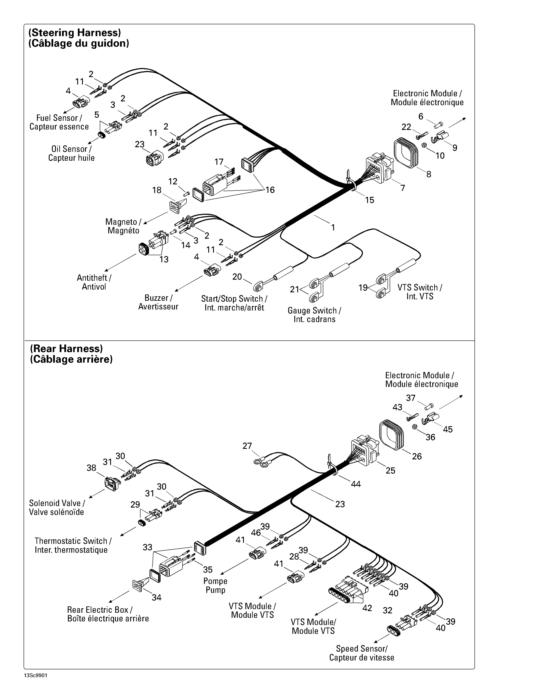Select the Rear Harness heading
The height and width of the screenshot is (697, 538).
(x=66, y=348)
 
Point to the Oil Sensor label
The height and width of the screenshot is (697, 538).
(x=72, y=149)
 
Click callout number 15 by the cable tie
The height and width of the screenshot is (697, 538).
(x=369, y=200)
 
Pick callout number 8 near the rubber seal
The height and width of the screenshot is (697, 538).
(x=429, y=174)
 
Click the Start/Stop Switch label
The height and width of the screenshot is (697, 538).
(x=234, y=299)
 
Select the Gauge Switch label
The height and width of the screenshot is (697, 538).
(x=314, y=311)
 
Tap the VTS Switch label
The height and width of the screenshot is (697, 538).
(x=420, y=288)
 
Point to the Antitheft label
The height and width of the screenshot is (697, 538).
(x=94, y=278)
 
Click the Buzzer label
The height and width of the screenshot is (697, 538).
(x=159, y=298)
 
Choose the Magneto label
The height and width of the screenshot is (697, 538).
(x=123, y=222)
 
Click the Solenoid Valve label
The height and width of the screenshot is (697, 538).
(x=57, y=503)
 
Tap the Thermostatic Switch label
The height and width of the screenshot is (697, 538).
(x=73, y=541)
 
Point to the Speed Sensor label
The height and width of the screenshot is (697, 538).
(x=362, y=649)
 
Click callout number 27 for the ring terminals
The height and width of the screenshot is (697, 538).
(x=247, y=446)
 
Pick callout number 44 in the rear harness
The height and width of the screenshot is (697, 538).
(x=356, y=484)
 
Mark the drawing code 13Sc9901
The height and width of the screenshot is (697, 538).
(x=35, y=676)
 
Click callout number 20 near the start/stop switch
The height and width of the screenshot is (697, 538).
(x=237, y=277)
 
